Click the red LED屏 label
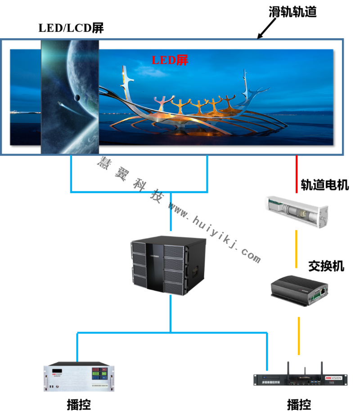tap(170, 60)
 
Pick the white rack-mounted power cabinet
tap(79, 377)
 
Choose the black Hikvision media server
tap(301, 379)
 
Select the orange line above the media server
tap(299, 335)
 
